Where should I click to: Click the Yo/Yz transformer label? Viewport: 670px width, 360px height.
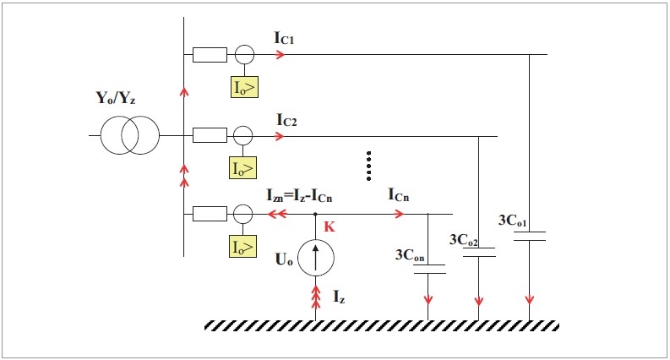tap(116, 98)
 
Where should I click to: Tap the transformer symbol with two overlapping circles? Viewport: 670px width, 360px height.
tap(130, 135)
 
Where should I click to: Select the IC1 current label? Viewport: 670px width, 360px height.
tap(284, 38)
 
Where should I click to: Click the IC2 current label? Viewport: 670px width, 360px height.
tap(286, 120)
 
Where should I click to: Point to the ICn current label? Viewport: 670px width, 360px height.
tap(399, 194)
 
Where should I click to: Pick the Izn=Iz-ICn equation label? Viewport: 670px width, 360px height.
tap(300, 195)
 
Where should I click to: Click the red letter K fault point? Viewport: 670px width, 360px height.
tap(330, 226)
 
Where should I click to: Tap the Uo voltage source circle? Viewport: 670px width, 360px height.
tap(316, 258)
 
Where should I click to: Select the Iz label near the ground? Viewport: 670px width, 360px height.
tap(339, 297)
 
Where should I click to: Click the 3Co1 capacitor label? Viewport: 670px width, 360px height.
tap(513, 220)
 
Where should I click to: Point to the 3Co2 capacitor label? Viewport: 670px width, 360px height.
tap(464, 240)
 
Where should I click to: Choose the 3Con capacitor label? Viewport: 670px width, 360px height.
tap(410, 255)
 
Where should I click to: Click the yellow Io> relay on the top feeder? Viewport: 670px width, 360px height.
tap(244, 87)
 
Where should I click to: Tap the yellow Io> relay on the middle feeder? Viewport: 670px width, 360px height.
tap(243, 167)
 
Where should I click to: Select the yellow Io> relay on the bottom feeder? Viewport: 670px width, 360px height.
tap(243, 246)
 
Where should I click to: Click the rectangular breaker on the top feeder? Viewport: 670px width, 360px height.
tap(210, 55)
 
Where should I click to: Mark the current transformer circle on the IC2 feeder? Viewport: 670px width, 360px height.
tap(243, 136)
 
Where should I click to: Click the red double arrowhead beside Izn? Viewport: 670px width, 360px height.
tap(277, 213)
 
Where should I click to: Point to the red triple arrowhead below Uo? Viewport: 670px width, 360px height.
tap(316, 297)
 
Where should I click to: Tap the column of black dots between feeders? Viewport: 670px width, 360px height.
tap(368, 166)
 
